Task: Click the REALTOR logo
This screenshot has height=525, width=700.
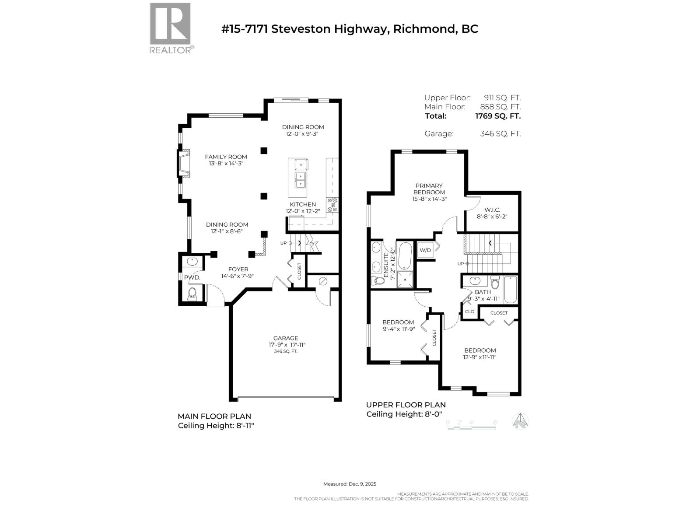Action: pyautogui.click(x=170, y=28)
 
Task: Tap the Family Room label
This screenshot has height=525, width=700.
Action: pyautogui.click(x=226, y=157)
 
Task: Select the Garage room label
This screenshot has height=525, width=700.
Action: pyautogui.click(x=286, y=338)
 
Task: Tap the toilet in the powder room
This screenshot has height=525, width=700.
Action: pyautogui.click(x=192, y=294)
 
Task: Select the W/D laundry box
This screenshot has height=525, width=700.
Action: pyautogui.click(x=425, y=250)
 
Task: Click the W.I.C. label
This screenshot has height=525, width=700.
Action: pyautogui.click(x=492, y=210)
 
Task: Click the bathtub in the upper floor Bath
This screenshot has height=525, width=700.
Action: pyautogui.click(x=510, y=290)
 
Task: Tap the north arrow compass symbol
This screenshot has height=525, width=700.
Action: pyautogui.click(x=520, y=421)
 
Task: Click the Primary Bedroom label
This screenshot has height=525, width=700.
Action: pyautogui.click(x=429, y=189)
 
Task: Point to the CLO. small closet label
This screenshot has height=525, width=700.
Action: pyautogui.click(x=470, y=312)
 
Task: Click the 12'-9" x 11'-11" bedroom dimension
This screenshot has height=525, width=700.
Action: pyautogui.click(x=480, y=357)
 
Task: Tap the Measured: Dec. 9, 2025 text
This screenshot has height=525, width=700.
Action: pyautogui.click(x=350, y=484)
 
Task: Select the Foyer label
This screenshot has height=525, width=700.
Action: pyautogui.click(x=238, y=269)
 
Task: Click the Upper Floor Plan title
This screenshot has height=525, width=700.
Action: pyautogui.click(x=406, y=405)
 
